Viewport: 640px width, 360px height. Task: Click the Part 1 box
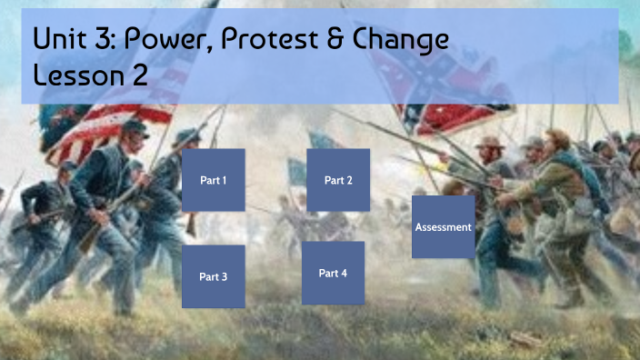pos(214,180)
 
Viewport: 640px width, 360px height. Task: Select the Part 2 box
pos(338,180)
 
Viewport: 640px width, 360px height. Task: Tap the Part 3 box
pos(214,276)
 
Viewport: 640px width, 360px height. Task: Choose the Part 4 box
pos(333,273)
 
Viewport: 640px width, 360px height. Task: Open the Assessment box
pos(444,226)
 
